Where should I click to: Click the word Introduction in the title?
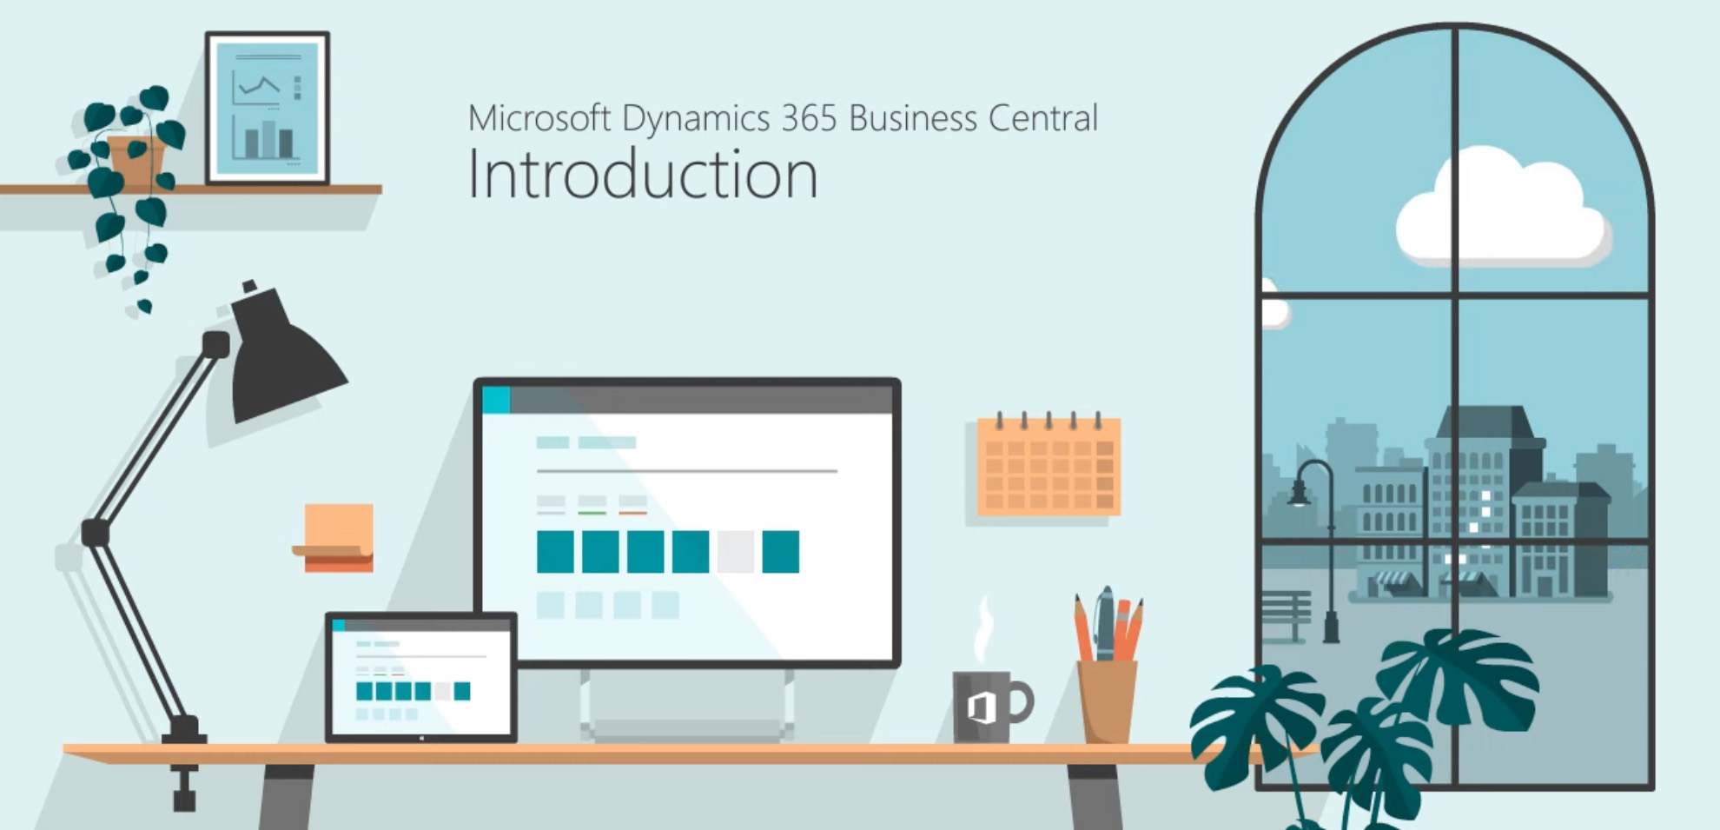coord(643,175)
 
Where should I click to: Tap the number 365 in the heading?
coord(809,118)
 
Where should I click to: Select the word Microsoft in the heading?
coord(539,118)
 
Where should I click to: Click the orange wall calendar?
coord(1049,466)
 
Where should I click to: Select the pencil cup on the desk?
coord(1107,701)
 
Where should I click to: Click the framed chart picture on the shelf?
coord(268,108)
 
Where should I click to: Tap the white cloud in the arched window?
coord(1503,209)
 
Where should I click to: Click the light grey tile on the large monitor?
coord(736,552)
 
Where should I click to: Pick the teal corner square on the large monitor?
coord(496,400)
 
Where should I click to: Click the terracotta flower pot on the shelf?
coord(136,161)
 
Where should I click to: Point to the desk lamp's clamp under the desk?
coord(184,787)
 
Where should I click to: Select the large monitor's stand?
coord(686,704)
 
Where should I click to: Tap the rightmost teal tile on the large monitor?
coord(781,552)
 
